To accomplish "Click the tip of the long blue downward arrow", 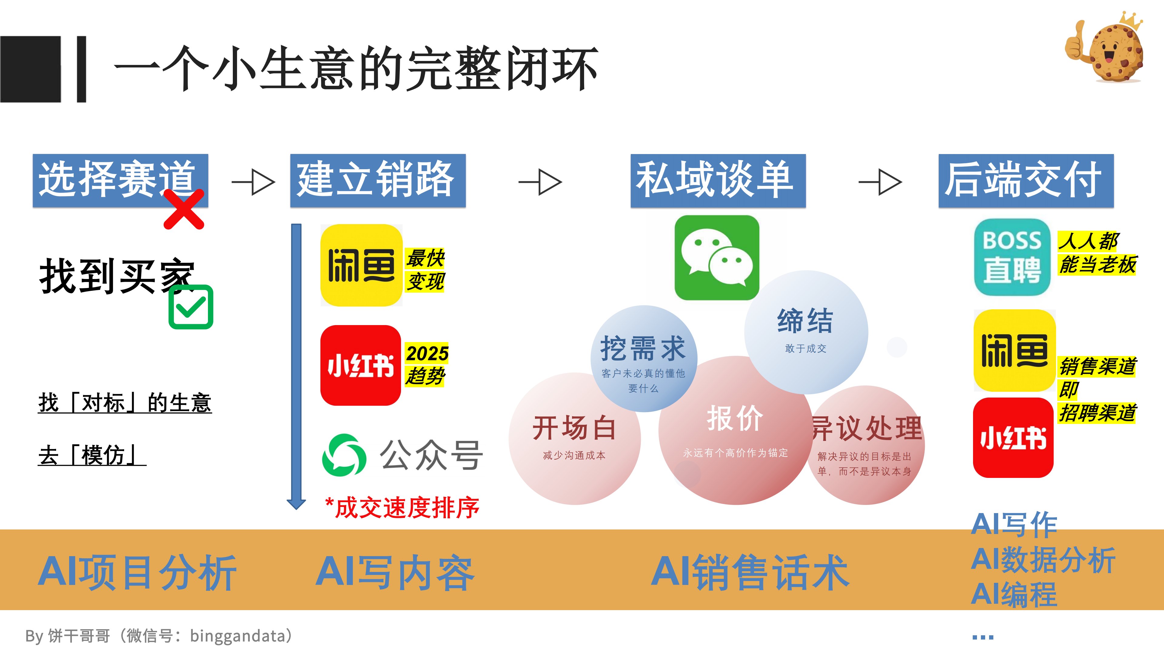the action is (296, 509).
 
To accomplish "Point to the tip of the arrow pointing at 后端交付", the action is (901, 182).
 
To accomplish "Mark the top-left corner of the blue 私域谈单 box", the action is (631, 154).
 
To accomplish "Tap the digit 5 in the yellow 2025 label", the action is (441, 354).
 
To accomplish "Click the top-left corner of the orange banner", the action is (0, 529).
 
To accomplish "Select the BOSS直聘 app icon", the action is (1012, 257).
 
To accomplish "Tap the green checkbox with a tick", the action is (191, 307).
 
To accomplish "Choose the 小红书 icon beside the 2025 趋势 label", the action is (361, 365).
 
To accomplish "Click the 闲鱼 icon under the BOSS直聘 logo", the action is (1015, 350).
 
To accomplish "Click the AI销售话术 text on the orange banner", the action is (750, 572).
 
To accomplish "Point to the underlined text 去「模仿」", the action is (92, 455).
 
